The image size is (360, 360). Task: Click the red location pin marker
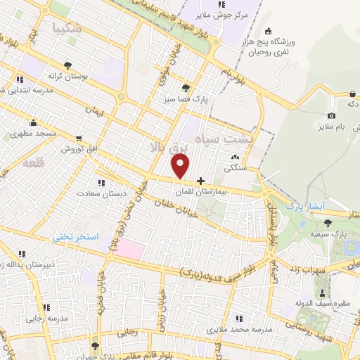[181, 166]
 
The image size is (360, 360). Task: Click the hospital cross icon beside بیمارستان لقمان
[202, 181]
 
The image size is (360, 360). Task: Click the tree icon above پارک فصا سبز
[186, 88]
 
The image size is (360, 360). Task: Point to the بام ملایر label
[331, 127]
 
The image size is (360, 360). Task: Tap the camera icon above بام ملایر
[331, 115]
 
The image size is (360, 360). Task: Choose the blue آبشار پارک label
[303, 205]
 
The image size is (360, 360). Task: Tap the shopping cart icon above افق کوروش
[79, 139]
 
